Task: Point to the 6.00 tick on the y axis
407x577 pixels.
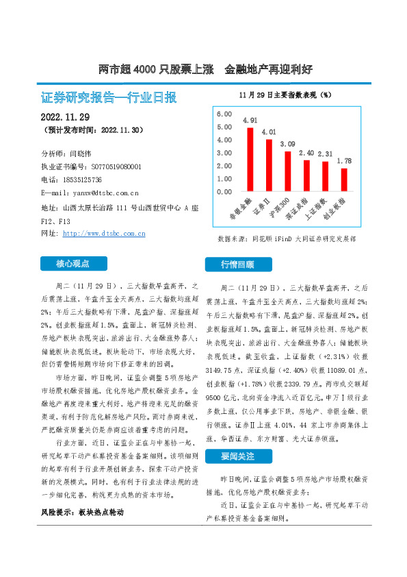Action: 224,113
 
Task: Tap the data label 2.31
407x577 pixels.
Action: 326,154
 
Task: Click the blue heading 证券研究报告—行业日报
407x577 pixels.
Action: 109,97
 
